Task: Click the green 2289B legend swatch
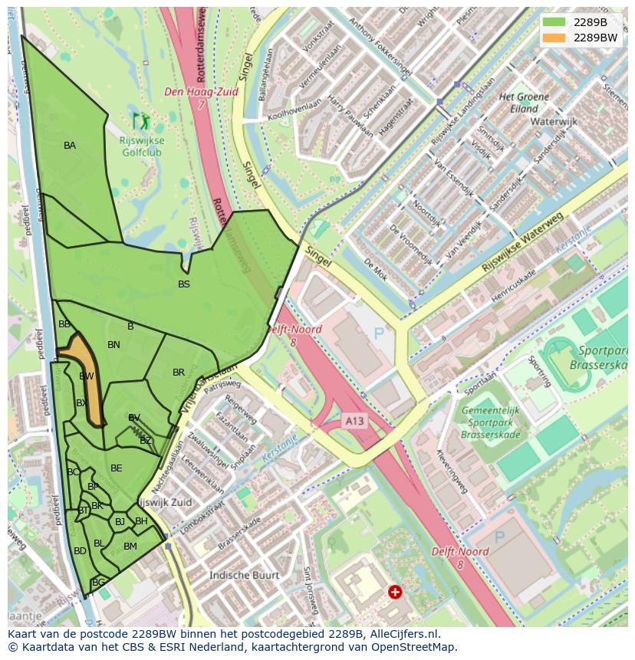point(554,22)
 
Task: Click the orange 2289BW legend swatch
point(554,38)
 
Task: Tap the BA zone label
point(70,146)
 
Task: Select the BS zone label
point(184,284)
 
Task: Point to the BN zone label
point(114,345)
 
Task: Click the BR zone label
point(179,373)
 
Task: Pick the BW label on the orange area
point(87,376)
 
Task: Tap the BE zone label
point(117,468)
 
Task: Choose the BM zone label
point(130,547)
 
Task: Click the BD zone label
point(80,551)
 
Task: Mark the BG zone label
point(98,583)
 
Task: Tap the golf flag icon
point(141,120)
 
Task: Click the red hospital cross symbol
point(395,592)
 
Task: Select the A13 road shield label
point(354,421)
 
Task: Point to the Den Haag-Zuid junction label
point(202,92)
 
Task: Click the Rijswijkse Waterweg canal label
point(521,244)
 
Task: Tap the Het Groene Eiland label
point(524,103)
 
